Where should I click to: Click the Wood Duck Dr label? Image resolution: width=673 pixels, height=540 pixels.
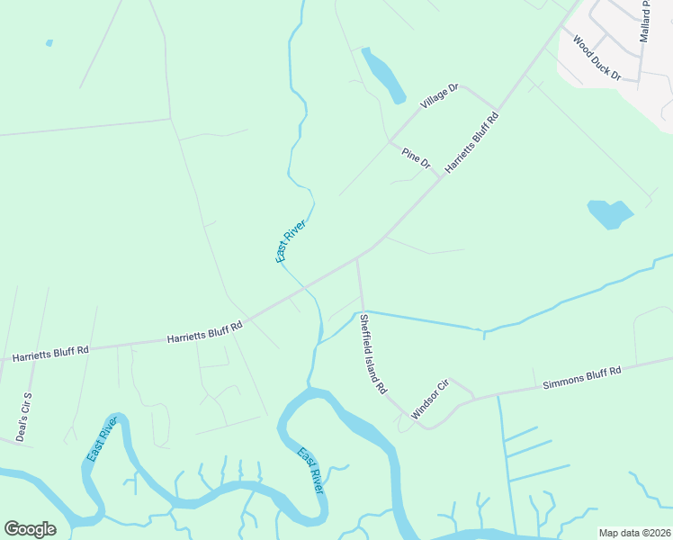click(597, 58)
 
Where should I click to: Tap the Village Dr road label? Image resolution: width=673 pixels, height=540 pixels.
click(440, 97)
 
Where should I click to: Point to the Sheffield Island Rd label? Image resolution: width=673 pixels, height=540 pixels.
click(372, 354)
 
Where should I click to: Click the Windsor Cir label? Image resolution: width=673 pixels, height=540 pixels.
click(429, 399)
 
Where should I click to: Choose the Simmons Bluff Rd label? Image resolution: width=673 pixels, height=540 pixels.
click(582, 377)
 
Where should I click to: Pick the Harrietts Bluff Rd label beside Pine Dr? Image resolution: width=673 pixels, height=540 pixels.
click(471, 141)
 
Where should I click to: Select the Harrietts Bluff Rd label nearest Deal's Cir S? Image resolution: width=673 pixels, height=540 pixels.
click(50, 353)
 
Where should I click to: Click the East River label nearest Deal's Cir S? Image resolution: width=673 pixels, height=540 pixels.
click(103, 440)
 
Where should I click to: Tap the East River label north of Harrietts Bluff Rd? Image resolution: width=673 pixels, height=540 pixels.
click(291, 240)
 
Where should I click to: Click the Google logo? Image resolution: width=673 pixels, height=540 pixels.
click(30, 529)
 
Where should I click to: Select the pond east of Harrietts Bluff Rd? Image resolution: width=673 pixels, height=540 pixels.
click(610, 214)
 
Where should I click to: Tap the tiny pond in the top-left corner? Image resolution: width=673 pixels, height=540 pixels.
click(49, 42)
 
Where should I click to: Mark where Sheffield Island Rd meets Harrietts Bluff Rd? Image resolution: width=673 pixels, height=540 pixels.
click(357, 257)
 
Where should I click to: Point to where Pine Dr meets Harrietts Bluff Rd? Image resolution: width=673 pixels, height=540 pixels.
click(440, 177)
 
